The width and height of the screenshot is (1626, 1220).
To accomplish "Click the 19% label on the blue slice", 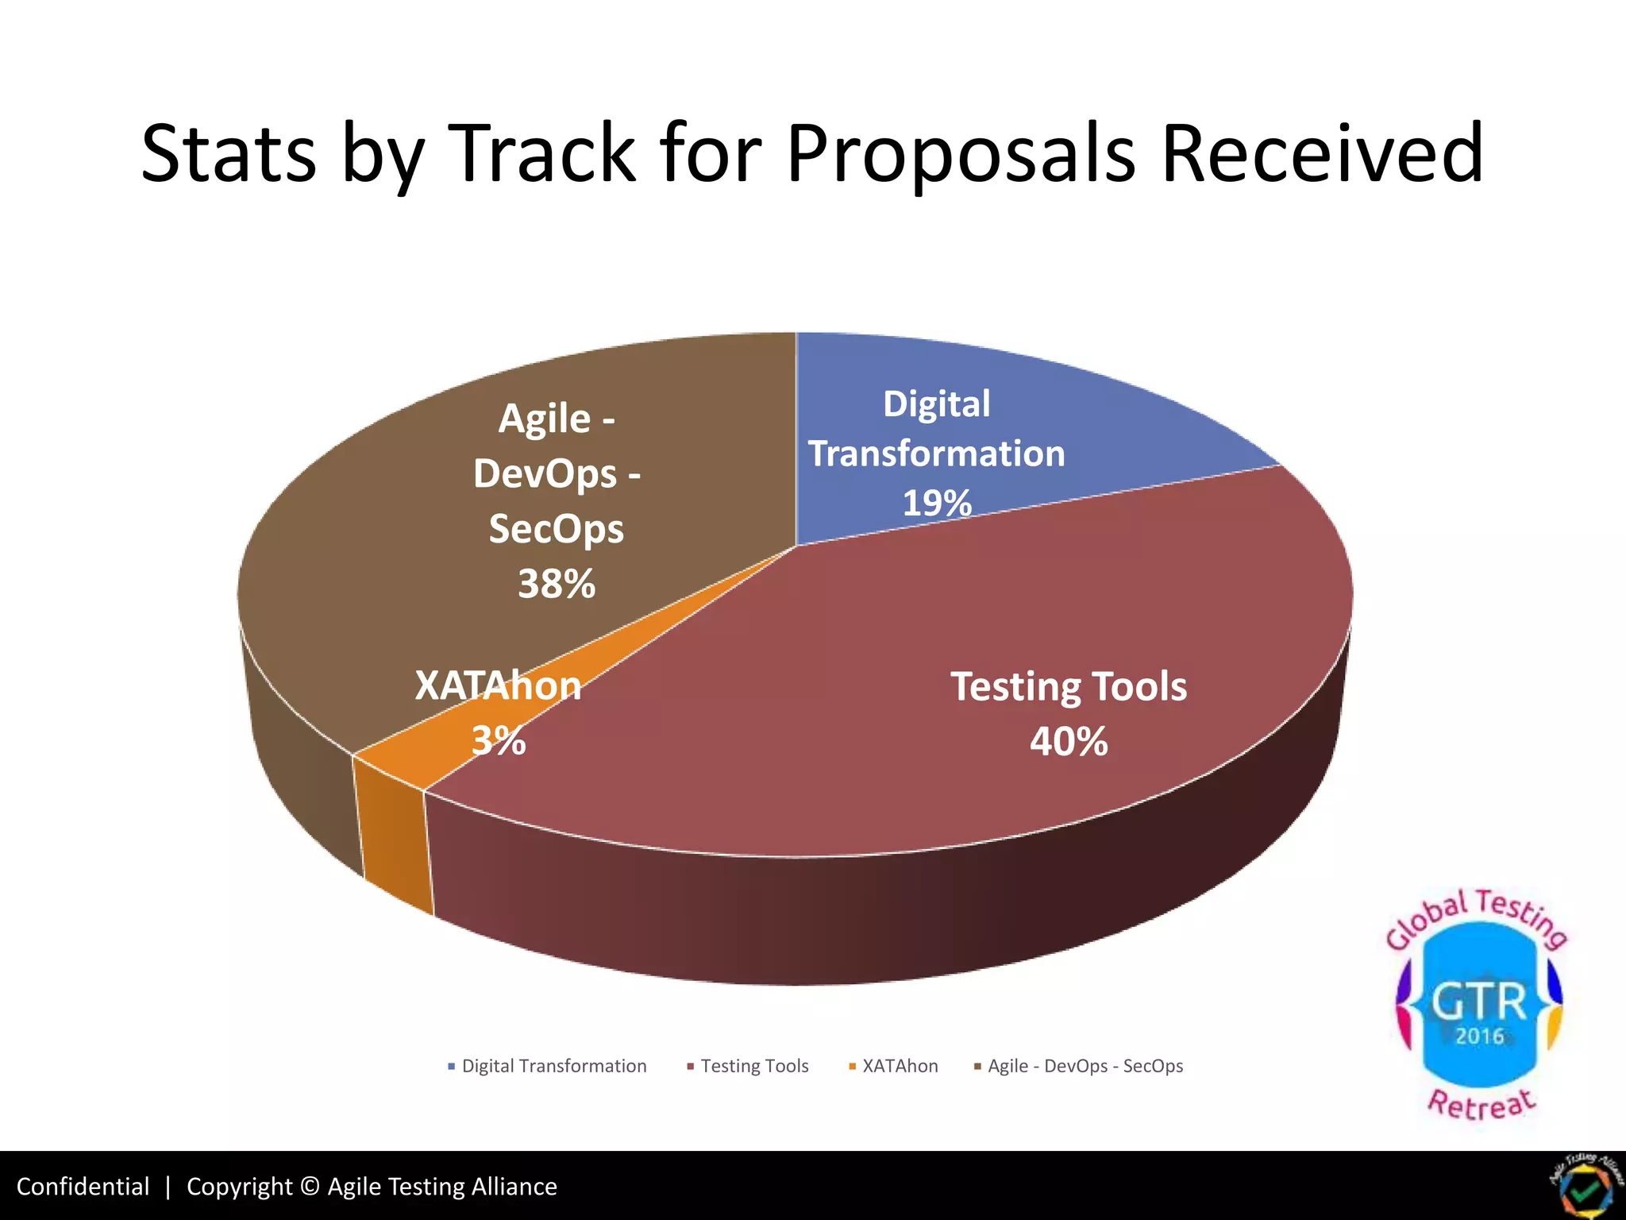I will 937,503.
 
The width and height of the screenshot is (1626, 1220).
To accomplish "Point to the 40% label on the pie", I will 1069,742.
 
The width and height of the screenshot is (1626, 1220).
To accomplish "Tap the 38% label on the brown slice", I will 557,584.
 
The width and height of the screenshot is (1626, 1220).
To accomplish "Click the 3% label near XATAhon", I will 499,741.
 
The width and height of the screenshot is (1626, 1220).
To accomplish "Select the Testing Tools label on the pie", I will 1069,686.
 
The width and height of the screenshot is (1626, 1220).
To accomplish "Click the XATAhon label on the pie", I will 499,685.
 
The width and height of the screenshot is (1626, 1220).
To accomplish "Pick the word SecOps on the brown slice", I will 557,529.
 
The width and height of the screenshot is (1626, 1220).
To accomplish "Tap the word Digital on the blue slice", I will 937,403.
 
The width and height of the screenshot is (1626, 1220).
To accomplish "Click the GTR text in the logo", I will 1479,1002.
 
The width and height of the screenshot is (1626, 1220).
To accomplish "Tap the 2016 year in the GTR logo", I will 1479,1037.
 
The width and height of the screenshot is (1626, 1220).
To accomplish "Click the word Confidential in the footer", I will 83,1187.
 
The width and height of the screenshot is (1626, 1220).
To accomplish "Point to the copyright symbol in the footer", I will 310,1187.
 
